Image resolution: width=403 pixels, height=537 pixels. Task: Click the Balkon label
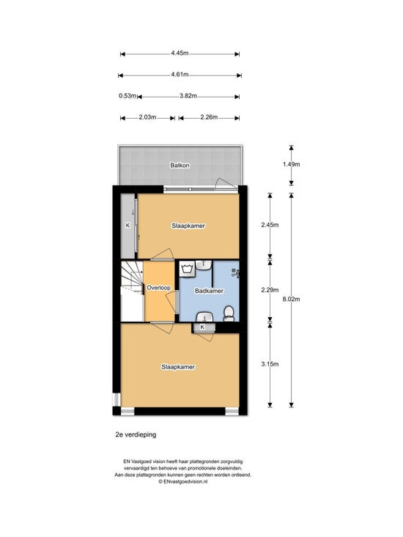pos(180,166)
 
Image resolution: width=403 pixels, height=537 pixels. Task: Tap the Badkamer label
pos(209,291)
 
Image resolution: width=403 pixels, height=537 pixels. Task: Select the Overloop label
pos(158,288)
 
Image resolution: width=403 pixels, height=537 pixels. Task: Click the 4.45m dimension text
pos(180,53)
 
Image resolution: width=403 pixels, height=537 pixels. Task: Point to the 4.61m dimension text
pos(180,74)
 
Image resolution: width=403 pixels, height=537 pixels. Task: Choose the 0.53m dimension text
pos(127,96)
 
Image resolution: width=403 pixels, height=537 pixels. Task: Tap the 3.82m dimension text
pos(188,96)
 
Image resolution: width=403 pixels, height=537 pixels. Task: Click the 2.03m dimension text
pos(147,117)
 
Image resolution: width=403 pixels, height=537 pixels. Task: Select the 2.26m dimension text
pos(209,117)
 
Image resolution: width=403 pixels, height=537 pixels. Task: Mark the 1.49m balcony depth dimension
pos(291,164)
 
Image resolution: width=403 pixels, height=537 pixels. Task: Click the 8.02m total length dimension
pos(291,299)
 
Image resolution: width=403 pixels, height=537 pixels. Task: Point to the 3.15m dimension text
pos(270,364)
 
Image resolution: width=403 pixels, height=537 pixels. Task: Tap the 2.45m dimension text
pos(270,225)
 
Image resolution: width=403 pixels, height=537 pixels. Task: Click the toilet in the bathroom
pos(229,314)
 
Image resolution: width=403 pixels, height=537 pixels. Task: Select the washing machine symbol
pos(187,268)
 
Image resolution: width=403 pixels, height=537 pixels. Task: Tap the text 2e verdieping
pos(136,434)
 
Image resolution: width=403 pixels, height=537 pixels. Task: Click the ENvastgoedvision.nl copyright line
pos(183,481)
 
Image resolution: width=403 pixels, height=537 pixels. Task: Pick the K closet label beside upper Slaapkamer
pos(127,226)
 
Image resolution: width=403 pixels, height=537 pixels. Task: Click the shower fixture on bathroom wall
pos(235,273)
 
